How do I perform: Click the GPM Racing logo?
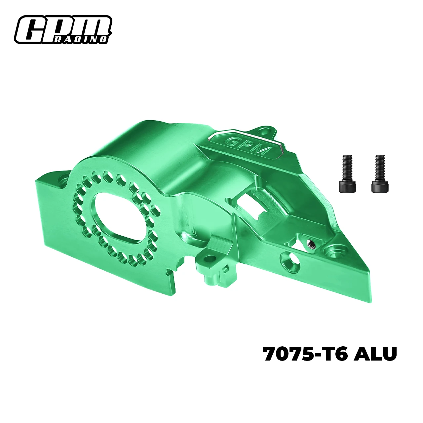63,30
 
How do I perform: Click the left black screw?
347,173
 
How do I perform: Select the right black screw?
380,173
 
